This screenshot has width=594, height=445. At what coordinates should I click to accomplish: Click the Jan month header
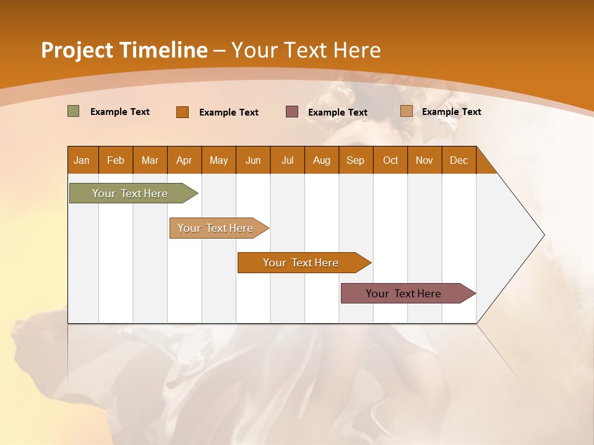click(82, 160)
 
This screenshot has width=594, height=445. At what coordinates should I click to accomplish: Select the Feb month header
click(116, 160)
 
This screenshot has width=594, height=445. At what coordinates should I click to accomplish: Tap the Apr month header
click(184, 160)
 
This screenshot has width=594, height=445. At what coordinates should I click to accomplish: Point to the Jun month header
click(253, 160)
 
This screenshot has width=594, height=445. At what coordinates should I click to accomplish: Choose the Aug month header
click(321, 160)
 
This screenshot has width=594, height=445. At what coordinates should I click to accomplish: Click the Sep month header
click(355, 160)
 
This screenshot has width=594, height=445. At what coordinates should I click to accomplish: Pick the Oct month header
click(390, 160)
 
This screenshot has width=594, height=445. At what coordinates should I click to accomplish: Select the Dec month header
click(458, 160)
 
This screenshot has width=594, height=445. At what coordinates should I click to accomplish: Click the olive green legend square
click(73, 111)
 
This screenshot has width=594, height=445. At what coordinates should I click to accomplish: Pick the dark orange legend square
click(182, 112)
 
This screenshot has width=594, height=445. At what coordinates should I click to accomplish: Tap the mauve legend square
click(292, 112)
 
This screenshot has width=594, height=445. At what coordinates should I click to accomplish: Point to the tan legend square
click(406, 111)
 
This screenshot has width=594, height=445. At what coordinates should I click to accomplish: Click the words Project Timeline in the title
click(124, 50)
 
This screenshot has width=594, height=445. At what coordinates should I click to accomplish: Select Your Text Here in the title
click(306, 50)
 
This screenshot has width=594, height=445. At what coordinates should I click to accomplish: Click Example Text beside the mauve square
click(337, 112)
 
